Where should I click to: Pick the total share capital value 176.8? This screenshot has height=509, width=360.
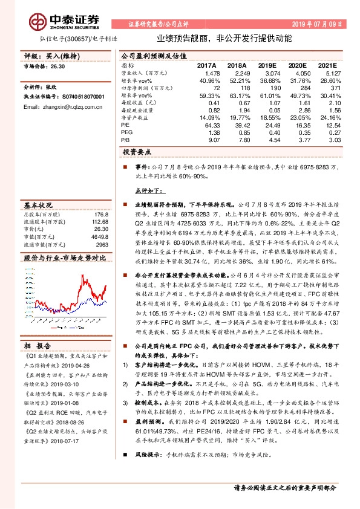pos(100,214)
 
